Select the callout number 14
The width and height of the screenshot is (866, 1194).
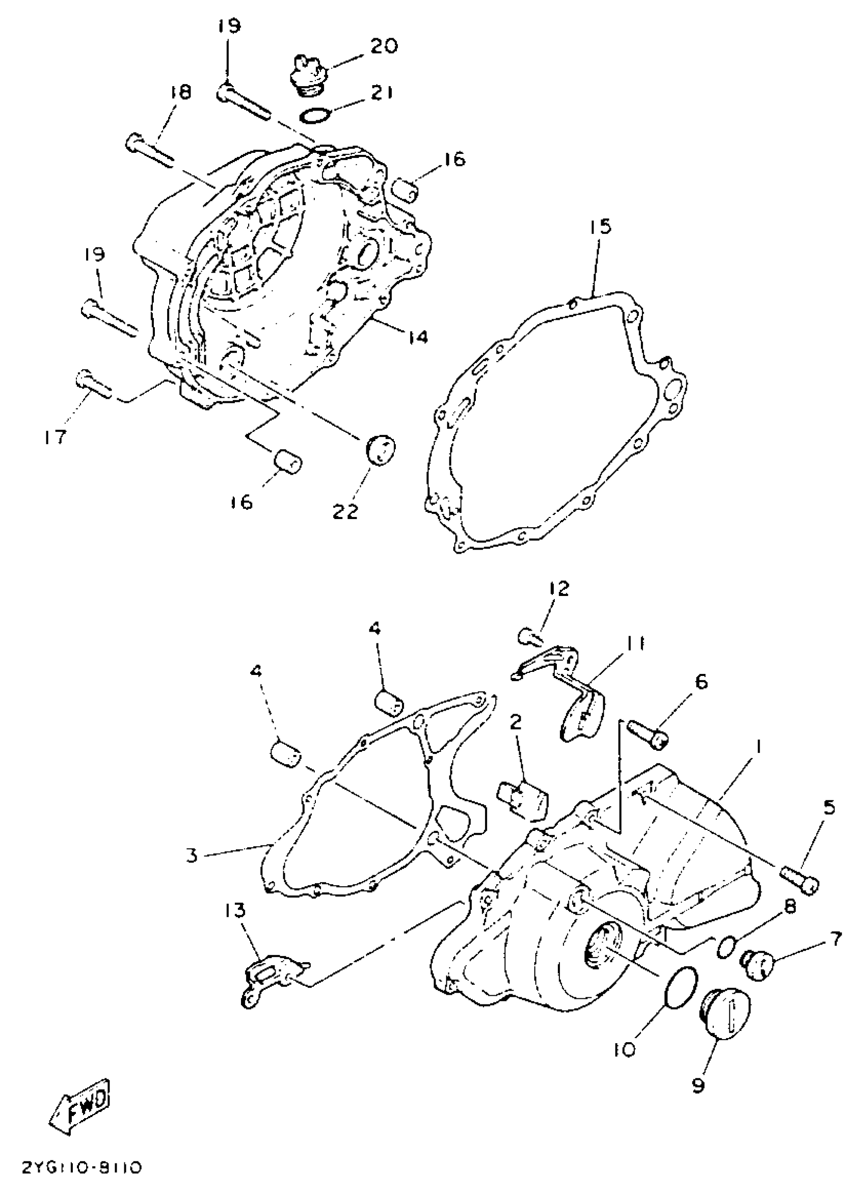pyautogui.click(x=417, y=336)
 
